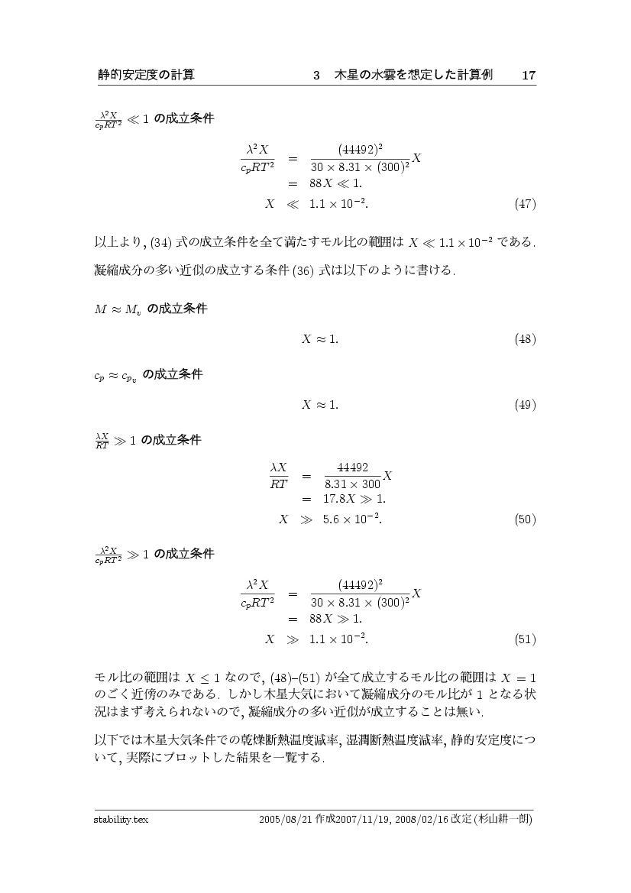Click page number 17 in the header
point(528,75)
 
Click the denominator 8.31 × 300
point(352,484)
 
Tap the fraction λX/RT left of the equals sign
point(277,474)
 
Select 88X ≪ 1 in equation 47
point(336,184)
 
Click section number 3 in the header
point(316,75)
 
